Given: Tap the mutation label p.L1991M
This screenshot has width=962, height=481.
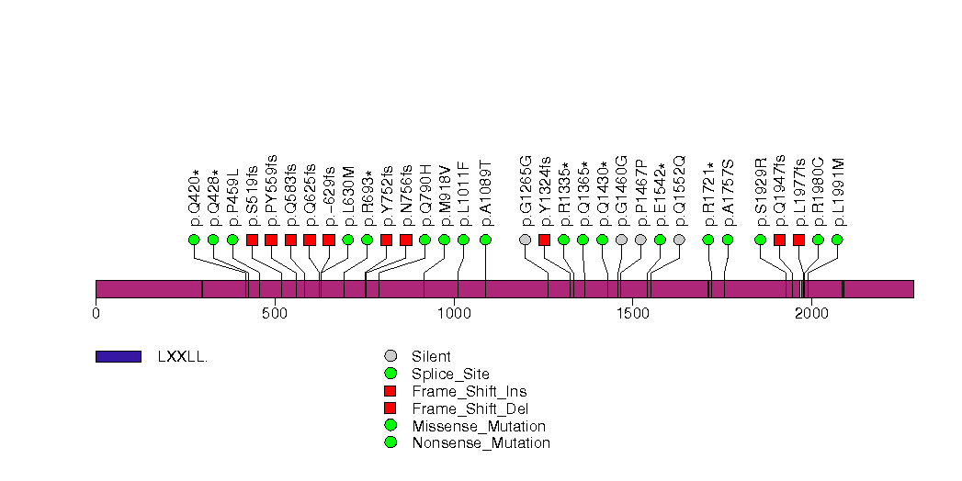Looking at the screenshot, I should (838, 192).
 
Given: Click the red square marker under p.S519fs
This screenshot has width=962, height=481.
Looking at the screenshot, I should (252, 240).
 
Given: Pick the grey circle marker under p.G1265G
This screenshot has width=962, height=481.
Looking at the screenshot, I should (525, 240).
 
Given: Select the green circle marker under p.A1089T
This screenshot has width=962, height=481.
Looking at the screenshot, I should (485, 240).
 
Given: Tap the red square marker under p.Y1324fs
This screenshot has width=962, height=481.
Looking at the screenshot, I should (544, 240).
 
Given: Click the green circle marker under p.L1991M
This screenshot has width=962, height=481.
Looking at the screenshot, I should (837, 240).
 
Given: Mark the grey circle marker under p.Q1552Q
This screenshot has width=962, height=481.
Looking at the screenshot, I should (679, 240).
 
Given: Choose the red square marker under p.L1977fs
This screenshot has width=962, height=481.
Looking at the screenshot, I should (798, 240).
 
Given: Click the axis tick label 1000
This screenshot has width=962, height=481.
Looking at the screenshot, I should (454, 314).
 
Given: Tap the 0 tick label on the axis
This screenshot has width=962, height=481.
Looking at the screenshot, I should (96, 314).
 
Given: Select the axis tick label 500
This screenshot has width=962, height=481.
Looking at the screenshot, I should (275, 314).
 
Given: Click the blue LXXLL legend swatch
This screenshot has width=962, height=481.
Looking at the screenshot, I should (118, 356).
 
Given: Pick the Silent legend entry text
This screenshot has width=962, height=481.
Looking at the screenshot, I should (431, 356).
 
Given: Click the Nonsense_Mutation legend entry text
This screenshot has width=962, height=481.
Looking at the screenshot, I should (481, 443).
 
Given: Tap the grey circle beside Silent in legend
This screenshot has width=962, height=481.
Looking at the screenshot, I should (391, 356).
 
